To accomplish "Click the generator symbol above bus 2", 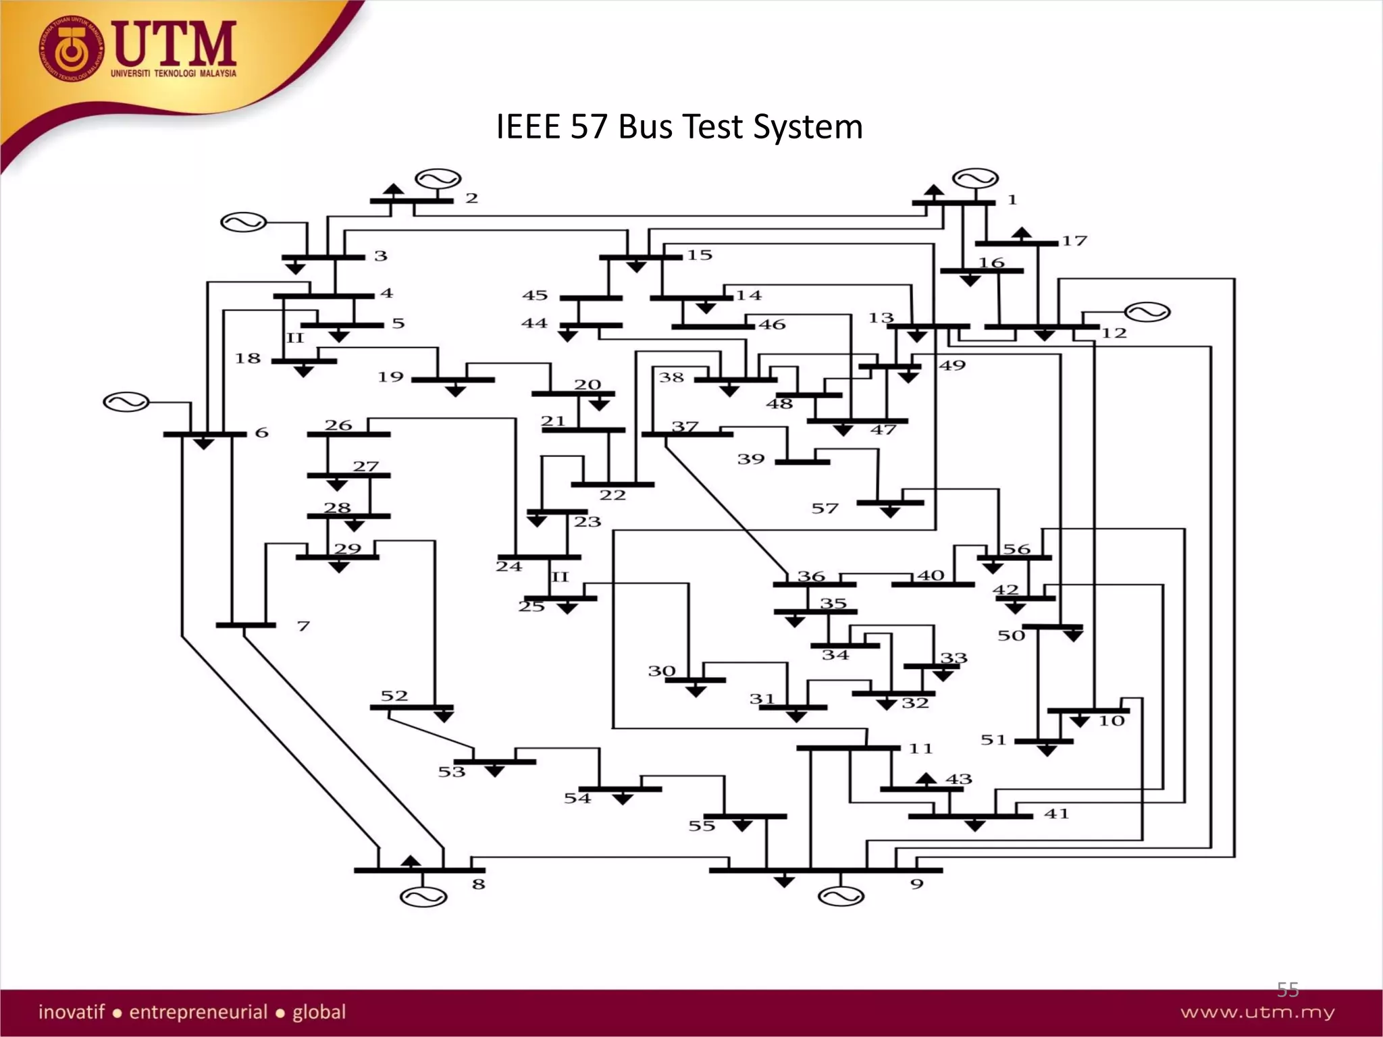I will [x=438, y=180].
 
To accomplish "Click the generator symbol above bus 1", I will [x=975, y=180].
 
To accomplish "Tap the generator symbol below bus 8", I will [x=423, y=897].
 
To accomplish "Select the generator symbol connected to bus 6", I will [x=126, y=402].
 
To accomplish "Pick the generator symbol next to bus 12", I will [x=1147, y=312].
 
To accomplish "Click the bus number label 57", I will [x=825, y=508].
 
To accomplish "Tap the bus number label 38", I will [x=671, y=377].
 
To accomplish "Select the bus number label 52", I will [x=394, y=696].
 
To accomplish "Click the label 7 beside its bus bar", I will [x=303, y=627].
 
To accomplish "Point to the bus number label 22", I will [x=612, y=495].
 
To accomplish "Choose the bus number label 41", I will [x=1056, y=814].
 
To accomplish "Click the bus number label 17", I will [x=1074, y=241].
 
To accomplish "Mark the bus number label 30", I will [x=662, y=671].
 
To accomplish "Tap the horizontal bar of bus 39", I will [x=802, y=462].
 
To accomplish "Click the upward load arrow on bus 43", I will [x=926, y=779].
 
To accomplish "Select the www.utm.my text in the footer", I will [x=1257, y=1013].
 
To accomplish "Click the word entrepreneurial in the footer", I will [x=199, y=1012].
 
